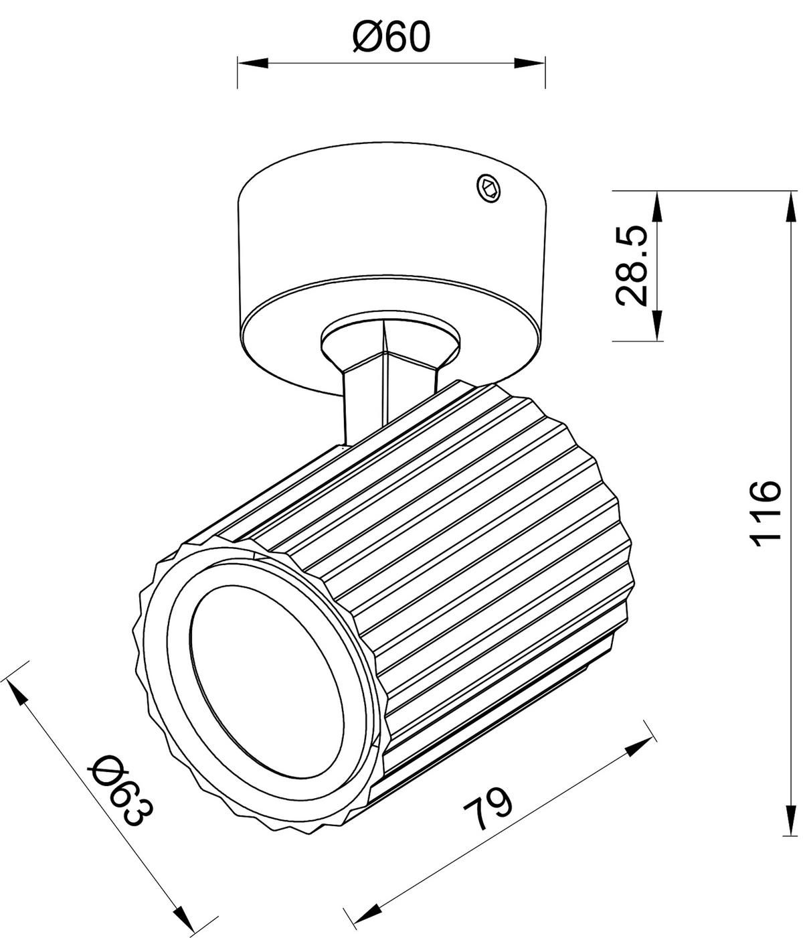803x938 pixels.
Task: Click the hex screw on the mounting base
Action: [x=490, y=188]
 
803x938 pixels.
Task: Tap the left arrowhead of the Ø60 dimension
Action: [x=253, y=63]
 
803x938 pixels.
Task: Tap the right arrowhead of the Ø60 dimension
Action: [x=529, y=63]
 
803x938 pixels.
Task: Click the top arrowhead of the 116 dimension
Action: [x=791, y=206]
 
